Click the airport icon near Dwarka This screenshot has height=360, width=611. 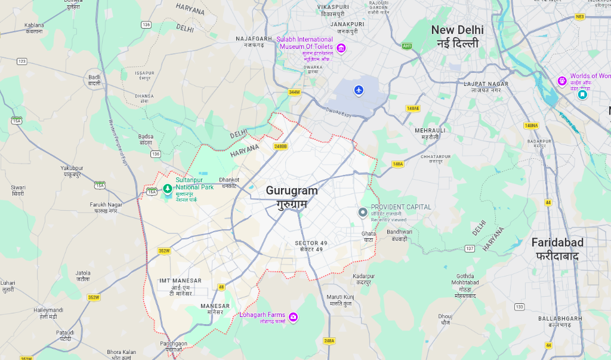coord(359,90)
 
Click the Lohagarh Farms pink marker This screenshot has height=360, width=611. coord(293,316)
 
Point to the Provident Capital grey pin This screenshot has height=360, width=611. coord(362,213)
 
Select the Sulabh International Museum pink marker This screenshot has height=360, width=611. coord(341,48)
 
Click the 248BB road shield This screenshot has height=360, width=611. coord(280,146)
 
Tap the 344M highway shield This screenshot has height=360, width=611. coord(294,92)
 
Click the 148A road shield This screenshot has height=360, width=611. coord(398,164)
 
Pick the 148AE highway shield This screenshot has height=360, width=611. coord(413,108)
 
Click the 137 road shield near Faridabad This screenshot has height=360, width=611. coord(470,248)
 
